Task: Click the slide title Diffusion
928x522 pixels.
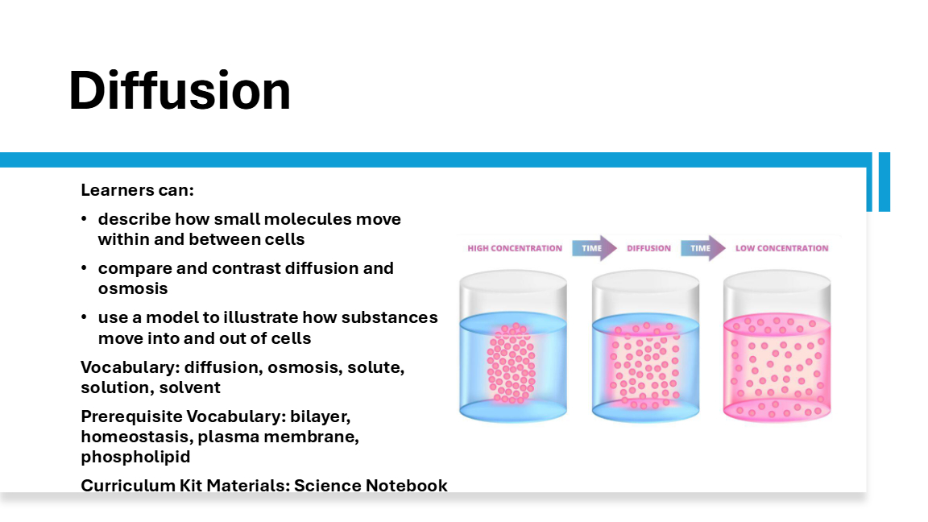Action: [180, 90]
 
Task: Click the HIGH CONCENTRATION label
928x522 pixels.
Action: [515, 249]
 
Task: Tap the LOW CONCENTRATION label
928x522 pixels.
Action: [782, 249]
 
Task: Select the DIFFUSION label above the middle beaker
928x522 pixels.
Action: [648, 249]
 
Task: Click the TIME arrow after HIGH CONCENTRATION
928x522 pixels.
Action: [594, 248]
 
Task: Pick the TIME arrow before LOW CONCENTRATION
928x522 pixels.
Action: [703, 248]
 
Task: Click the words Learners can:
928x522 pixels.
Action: [137, 190]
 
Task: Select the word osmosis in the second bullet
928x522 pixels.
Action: [133, 289]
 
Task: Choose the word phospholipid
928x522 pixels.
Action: [135, 457]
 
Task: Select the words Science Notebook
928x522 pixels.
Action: [371, 485]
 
